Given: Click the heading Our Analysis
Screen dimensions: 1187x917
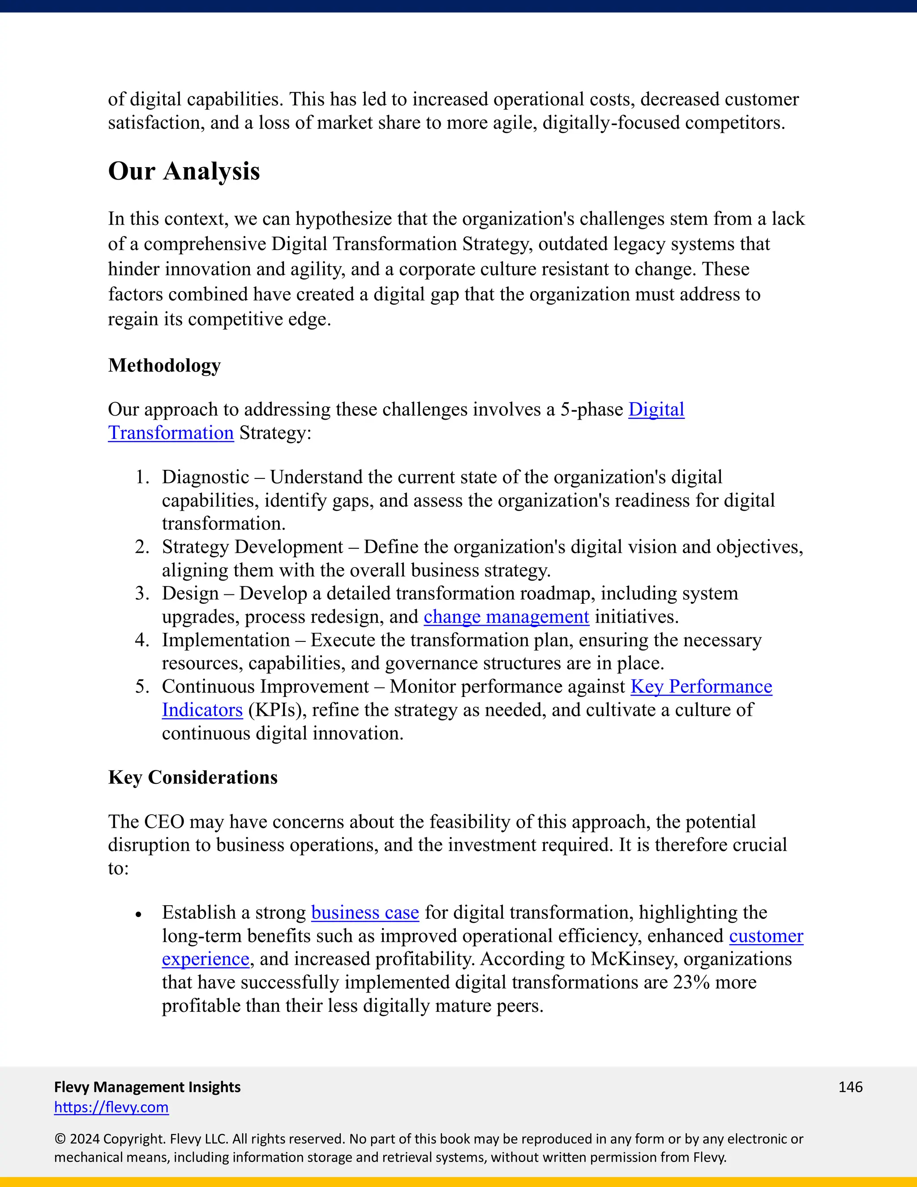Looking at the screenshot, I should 184,171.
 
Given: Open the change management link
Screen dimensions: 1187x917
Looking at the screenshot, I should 506,617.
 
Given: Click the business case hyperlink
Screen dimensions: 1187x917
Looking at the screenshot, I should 364,912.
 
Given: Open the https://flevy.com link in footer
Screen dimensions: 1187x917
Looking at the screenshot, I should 111,1107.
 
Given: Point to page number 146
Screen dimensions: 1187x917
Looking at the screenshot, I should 850,1087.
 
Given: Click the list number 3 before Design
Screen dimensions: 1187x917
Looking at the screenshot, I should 142,593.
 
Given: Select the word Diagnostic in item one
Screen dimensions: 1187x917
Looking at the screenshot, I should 206,477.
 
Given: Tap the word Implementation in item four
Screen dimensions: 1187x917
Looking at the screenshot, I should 226,640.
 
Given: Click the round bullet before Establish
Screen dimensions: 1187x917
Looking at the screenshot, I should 138,915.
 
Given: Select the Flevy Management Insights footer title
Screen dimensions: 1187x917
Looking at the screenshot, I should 147,1087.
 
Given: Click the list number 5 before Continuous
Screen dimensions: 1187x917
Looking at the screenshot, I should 142,687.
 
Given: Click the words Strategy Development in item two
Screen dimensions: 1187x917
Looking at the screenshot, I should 252,547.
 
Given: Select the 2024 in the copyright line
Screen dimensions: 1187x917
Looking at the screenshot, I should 84,1139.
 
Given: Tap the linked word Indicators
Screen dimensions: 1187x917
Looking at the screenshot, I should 202,710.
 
